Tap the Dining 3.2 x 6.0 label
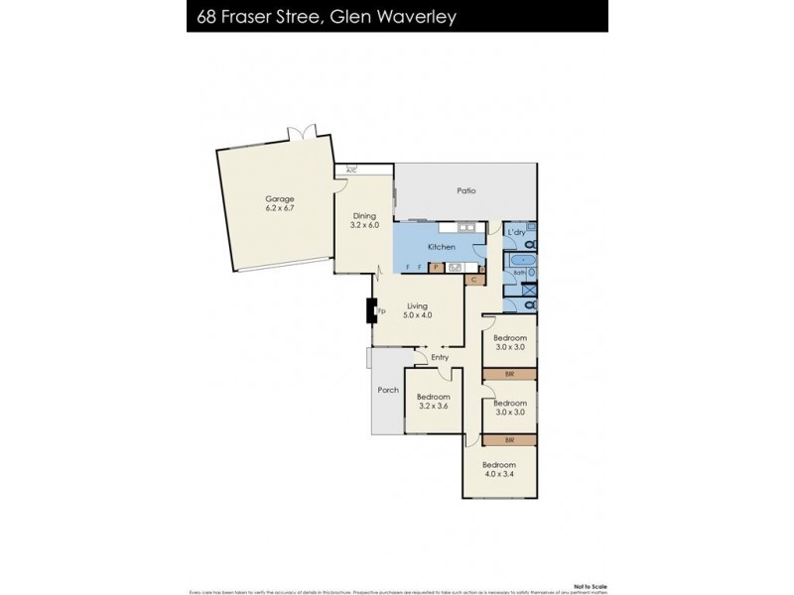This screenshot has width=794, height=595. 365,220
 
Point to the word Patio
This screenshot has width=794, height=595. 465,190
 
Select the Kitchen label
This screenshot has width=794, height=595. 441,246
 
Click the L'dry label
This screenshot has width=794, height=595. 515,232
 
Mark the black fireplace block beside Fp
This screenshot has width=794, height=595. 375,312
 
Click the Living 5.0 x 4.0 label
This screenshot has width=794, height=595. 418,310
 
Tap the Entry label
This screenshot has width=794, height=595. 441,358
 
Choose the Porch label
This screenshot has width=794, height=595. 388,390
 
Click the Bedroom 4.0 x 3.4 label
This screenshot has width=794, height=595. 498,470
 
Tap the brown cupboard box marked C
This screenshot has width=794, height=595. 474,281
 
